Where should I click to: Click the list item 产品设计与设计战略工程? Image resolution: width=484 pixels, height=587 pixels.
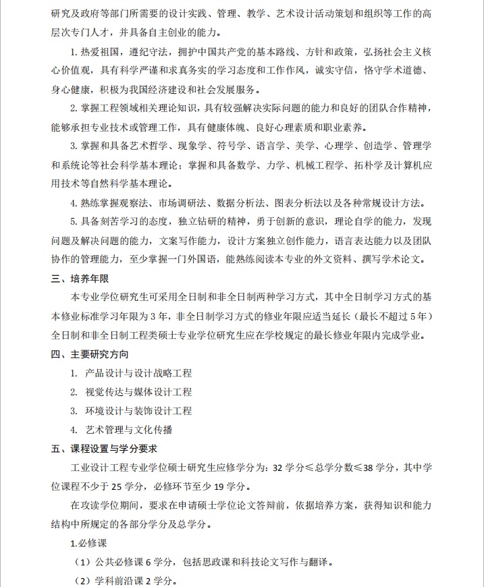(x=139, y=373)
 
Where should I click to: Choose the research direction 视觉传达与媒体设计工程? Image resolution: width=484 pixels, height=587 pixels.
(x=139, y=392)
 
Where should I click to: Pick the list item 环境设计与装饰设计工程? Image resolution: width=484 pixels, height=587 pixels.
(x=139, y=411)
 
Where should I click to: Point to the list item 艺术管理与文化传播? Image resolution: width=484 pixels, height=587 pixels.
(x=129, y=430)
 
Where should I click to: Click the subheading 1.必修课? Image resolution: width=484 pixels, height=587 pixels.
(x=89, y=543)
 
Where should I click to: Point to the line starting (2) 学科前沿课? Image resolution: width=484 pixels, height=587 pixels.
(x=125, y=580)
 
